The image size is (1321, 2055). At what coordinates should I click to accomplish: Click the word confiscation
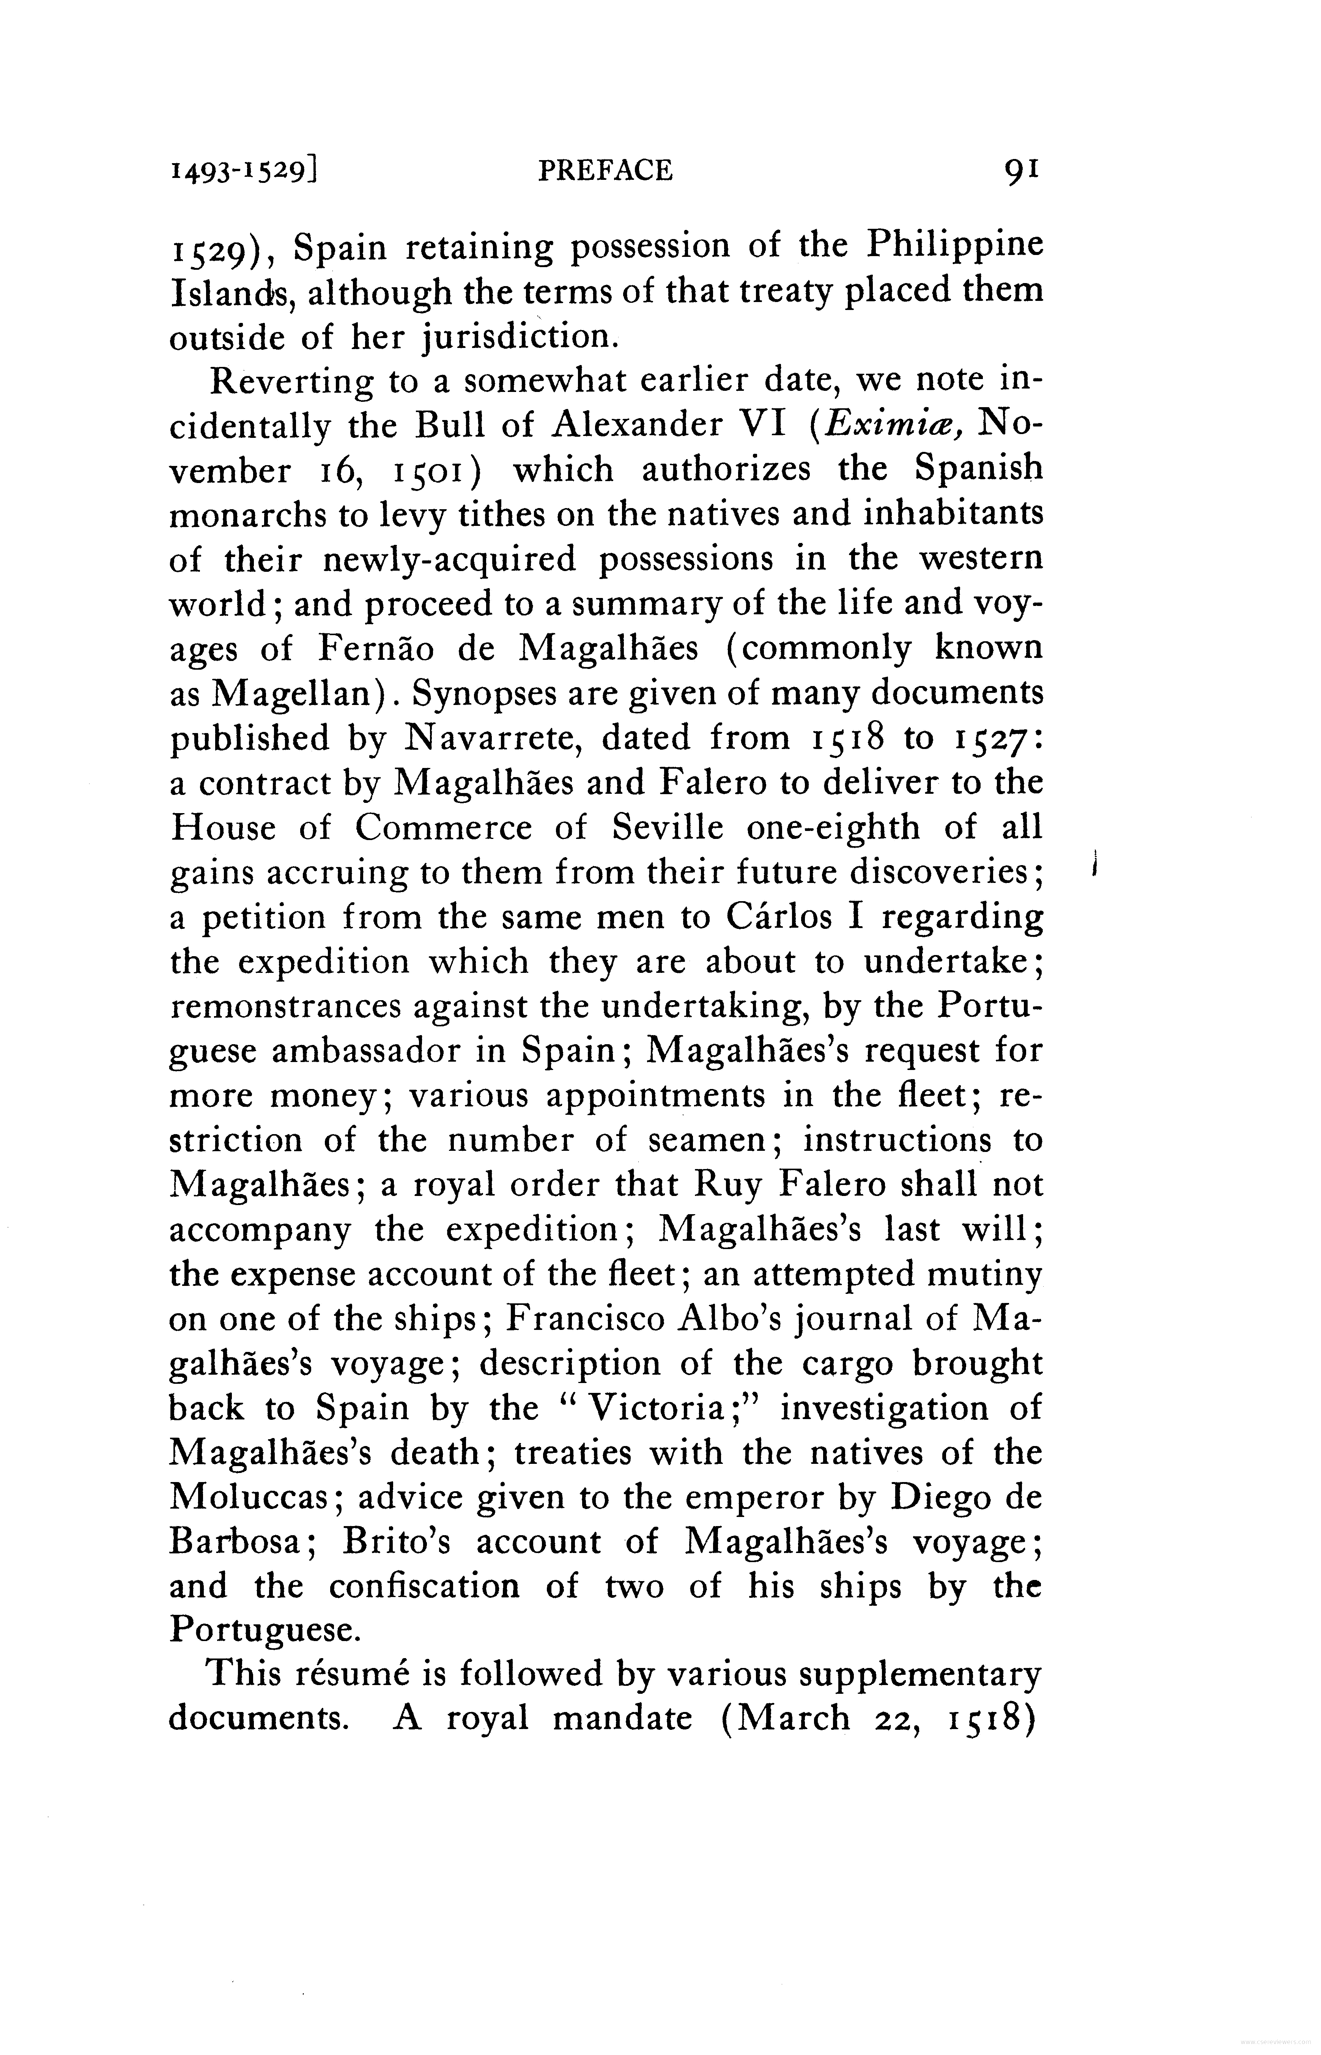[425, 1587]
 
